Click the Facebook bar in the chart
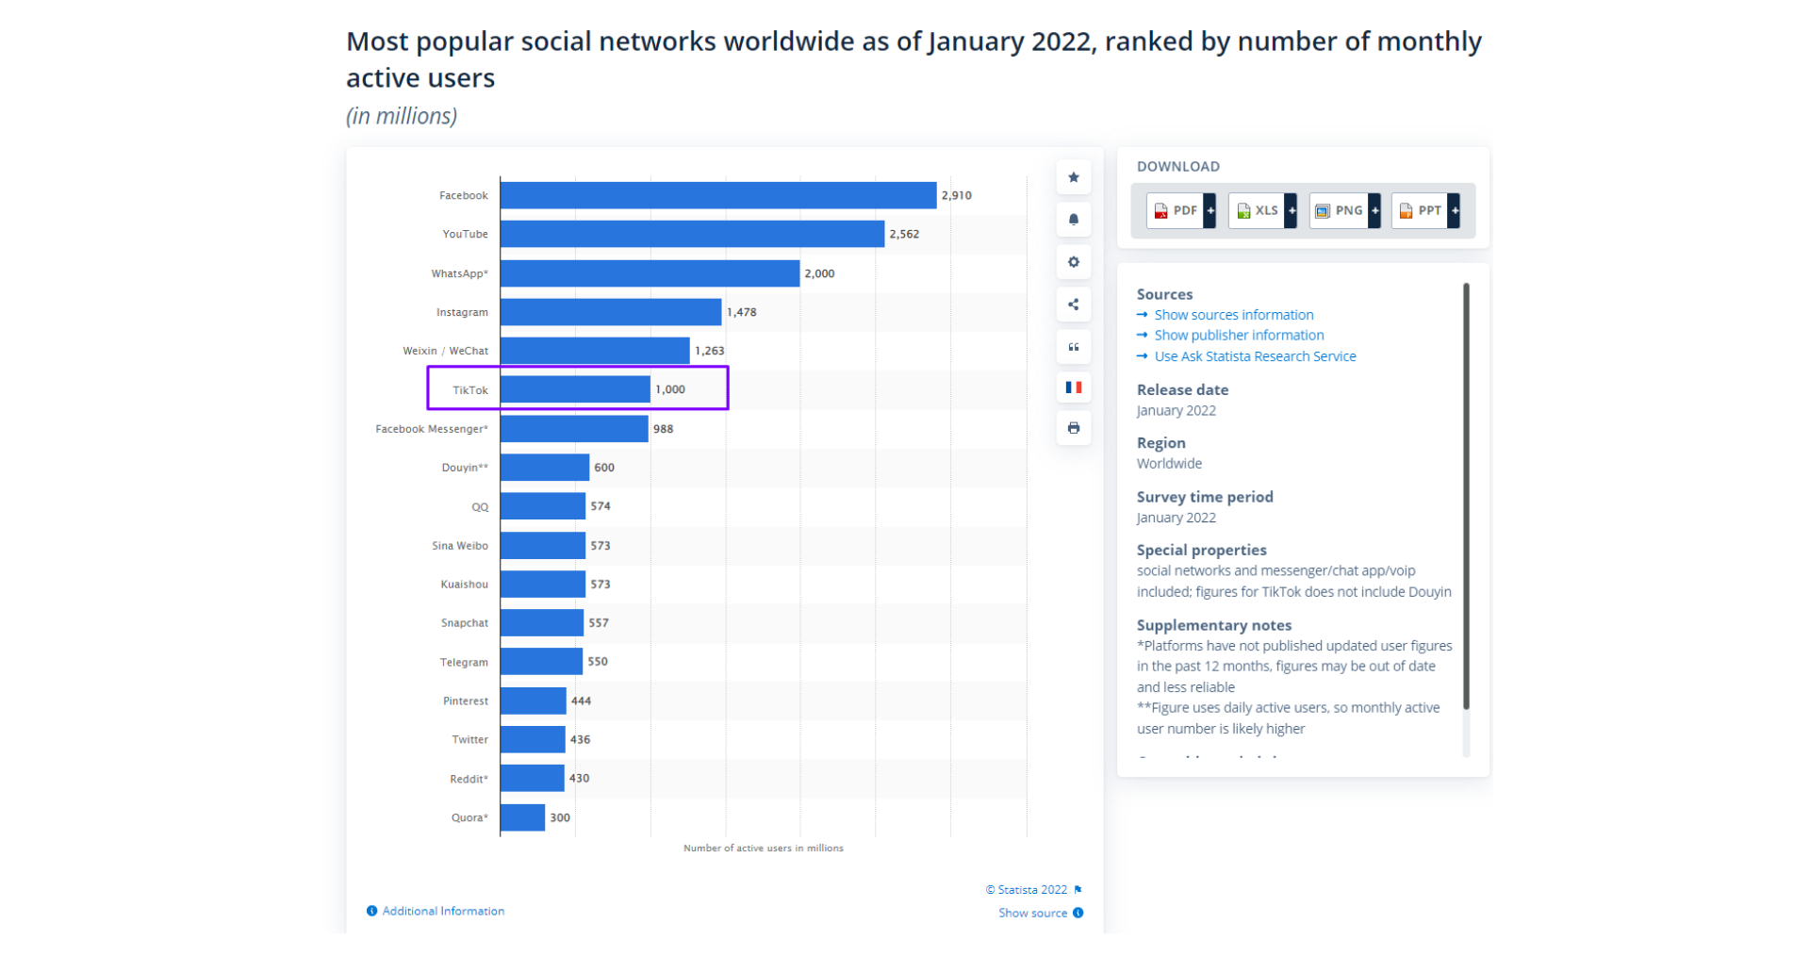717,195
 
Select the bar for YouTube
692,234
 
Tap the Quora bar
522,817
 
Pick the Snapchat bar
541,623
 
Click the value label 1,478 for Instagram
742,312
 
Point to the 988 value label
664,429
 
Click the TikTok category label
469,390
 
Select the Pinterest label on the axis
466,701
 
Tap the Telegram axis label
464,663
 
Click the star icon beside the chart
1074,177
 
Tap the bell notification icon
1074,220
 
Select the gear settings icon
1074,262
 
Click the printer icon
1074,428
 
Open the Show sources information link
1233,315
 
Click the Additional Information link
443,911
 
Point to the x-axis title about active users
763,849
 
